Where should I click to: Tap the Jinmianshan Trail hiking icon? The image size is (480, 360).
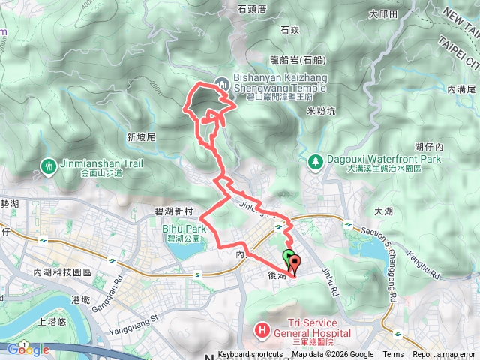coord(49,165)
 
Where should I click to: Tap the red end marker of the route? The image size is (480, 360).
coord(294,264)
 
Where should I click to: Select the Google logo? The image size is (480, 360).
coord(28,349)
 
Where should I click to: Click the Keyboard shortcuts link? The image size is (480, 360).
coord(250,355)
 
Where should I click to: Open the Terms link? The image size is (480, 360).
coord(393,355)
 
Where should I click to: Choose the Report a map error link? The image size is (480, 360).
coord(444,355)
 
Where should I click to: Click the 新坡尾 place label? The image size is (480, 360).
coord(140,138)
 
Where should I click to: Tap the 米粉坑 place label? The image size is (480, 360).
coord(321,111)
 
